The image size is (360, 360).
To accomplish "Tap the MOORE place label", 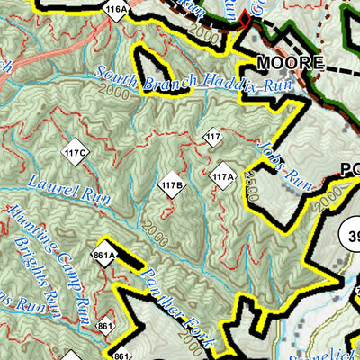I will pyautogui.click(x=289, y=64).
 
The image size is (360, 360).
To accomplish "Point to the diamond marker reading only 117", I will pyautogui.click(x=212, y=138).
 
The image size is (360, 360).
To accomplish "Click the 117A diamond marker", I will pyautogui.click(x=223, y=176).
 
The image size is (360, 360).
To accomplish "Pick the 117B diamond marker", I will pyautogui.click(x=172, y=185).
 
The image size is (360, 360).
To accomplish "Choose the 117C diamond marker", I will pyautogui.click(x=75, y=154).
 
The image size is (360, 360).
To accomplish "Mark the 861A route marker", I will pyautogui.click(x=104, y=255).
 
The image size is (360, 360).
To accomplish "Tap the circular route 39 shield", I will pyautogui.click(x=352, y=235).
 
